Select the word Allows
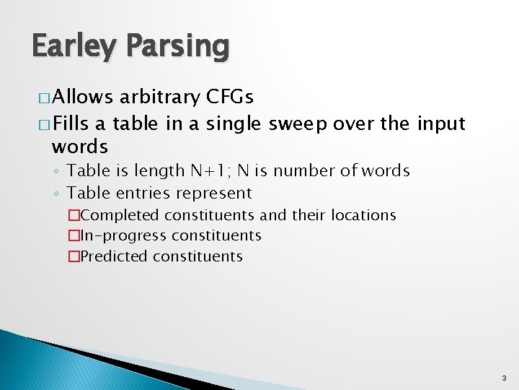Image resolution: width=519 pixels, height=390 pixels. click(x=80, y=97)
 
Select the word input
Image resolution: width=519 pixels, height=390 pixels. click(x=441, y=123)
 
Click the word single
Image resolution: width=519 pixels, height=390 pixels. click(x=232, y=123)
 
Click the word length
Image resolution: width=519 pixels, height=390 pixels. click(x=163, y=171)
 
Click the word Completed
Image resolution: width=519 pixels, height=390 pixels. click(x=120, y=215)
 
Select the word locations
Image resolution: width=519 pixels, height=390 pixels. click(x=363, y=215)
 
